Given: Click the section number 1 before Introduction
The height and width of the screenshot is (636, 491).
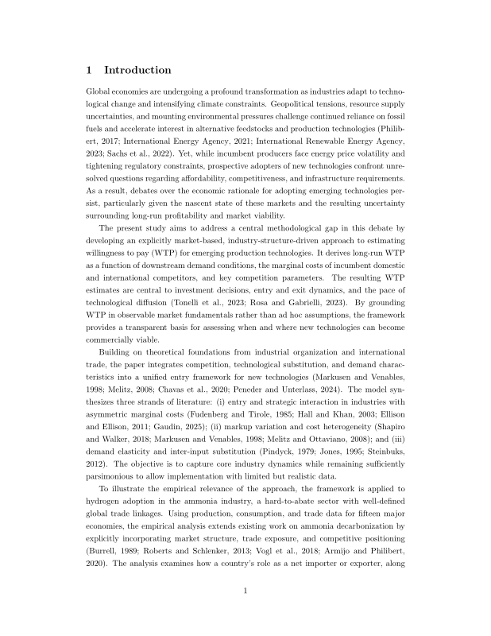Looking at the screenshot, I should pos(89,70).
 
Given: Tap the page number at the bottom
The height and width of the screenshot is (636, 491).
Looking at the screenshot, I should pos(246,590).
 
